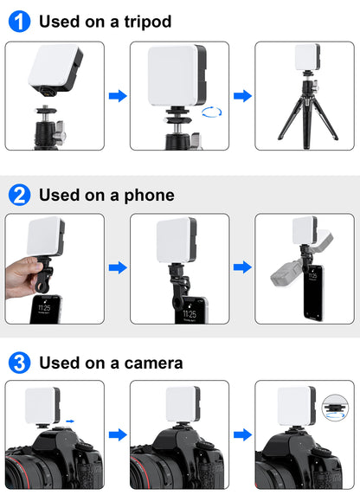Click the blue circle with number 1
[19, 22]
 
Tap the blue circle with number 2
[19, 196]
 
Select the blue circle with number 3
[19, 362]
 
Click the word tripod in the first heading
[145, 22]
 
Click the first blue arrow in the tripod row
[117, 96]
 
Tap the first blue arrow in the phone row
[117, 268]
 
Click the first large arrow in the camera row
[117, 434]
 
